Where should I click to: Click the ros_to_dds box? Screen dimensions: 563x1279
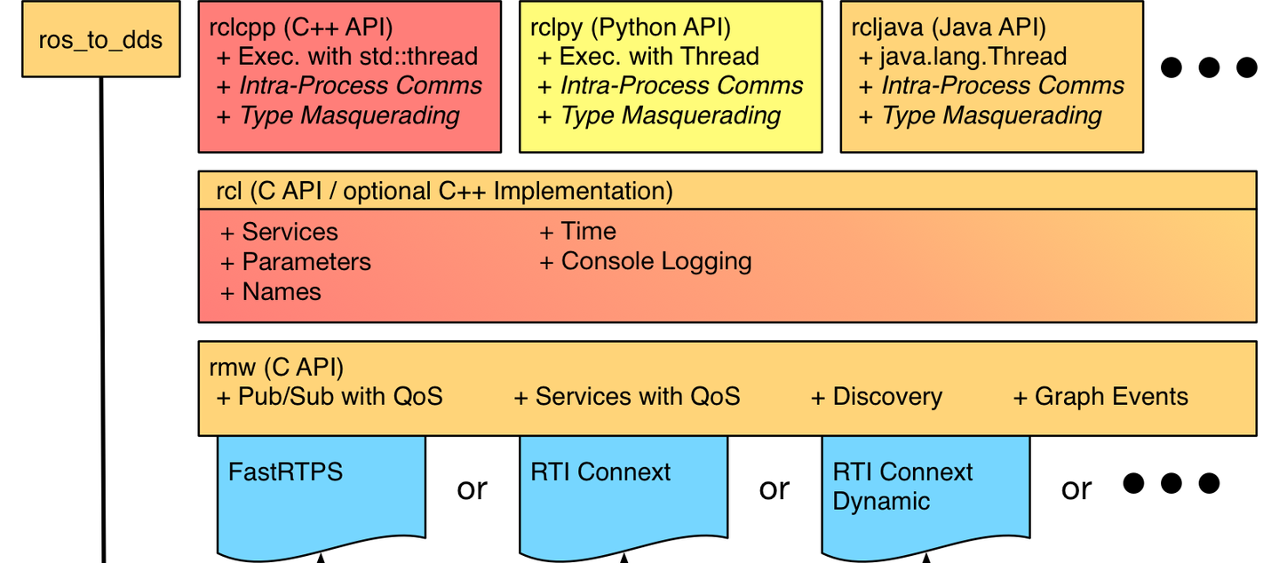(x=100, y=41)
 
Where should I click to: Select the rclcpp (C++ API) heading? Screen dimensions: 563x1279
(x=301, y=27)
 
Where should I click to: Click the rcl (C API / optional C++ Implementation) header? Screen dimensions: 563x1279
(x=444, y=191)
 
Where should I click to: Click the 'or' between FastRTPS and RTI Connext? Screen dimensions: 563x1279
(x=472, y=488)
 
